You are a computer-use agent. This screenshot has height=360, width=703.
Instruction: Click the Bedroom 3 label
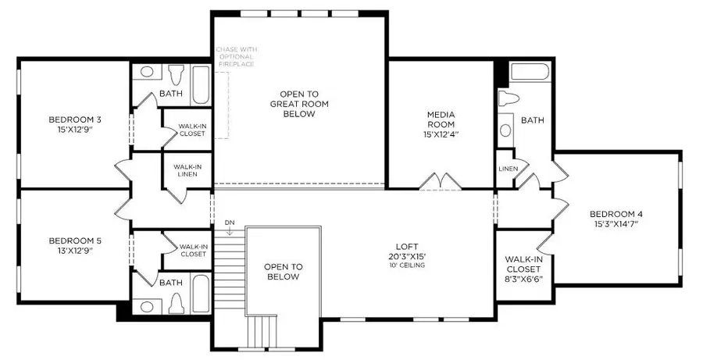75,119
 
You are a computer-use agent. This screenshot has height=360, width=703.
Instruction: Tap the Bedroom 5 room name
75,241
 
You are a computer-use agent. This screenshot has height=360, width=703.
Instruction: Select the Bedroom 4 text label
616,214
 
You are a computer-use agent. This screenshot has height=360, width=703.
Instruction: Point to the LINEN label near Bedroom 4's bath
507,169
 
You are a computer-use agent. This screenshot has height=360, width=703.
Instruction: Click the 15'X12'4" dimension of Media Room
441,134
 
